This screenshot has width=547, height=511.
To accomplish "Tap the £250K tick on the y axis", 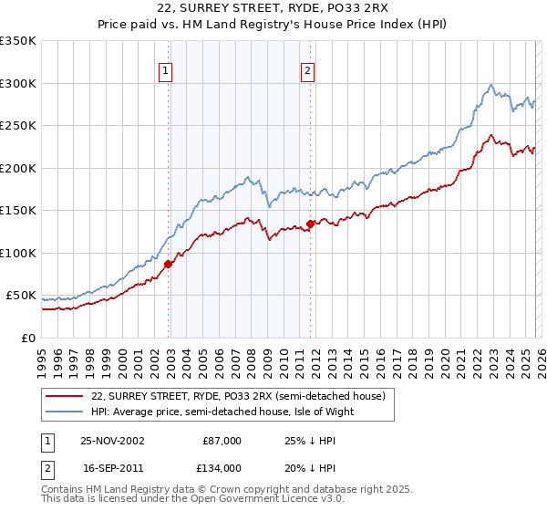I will [18, 126].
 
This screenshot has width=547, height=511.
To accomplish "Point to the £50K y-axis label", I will [21, 296].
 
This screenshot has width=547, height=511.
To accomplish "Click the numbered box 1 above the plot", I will [167, 70].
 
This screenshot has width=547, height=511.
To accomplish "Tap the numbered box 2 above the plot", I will [308, 70].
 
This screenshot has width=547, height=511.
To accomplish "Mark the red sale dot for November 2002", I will [169, 265].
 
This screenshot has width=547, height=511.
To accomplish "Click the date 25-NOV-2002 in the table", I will [112, 441].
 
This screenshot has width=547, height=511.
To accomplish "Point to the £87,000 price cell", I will [222, 441].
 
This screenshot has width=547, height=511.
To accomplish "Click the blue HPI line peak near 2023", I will [491, 85].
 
